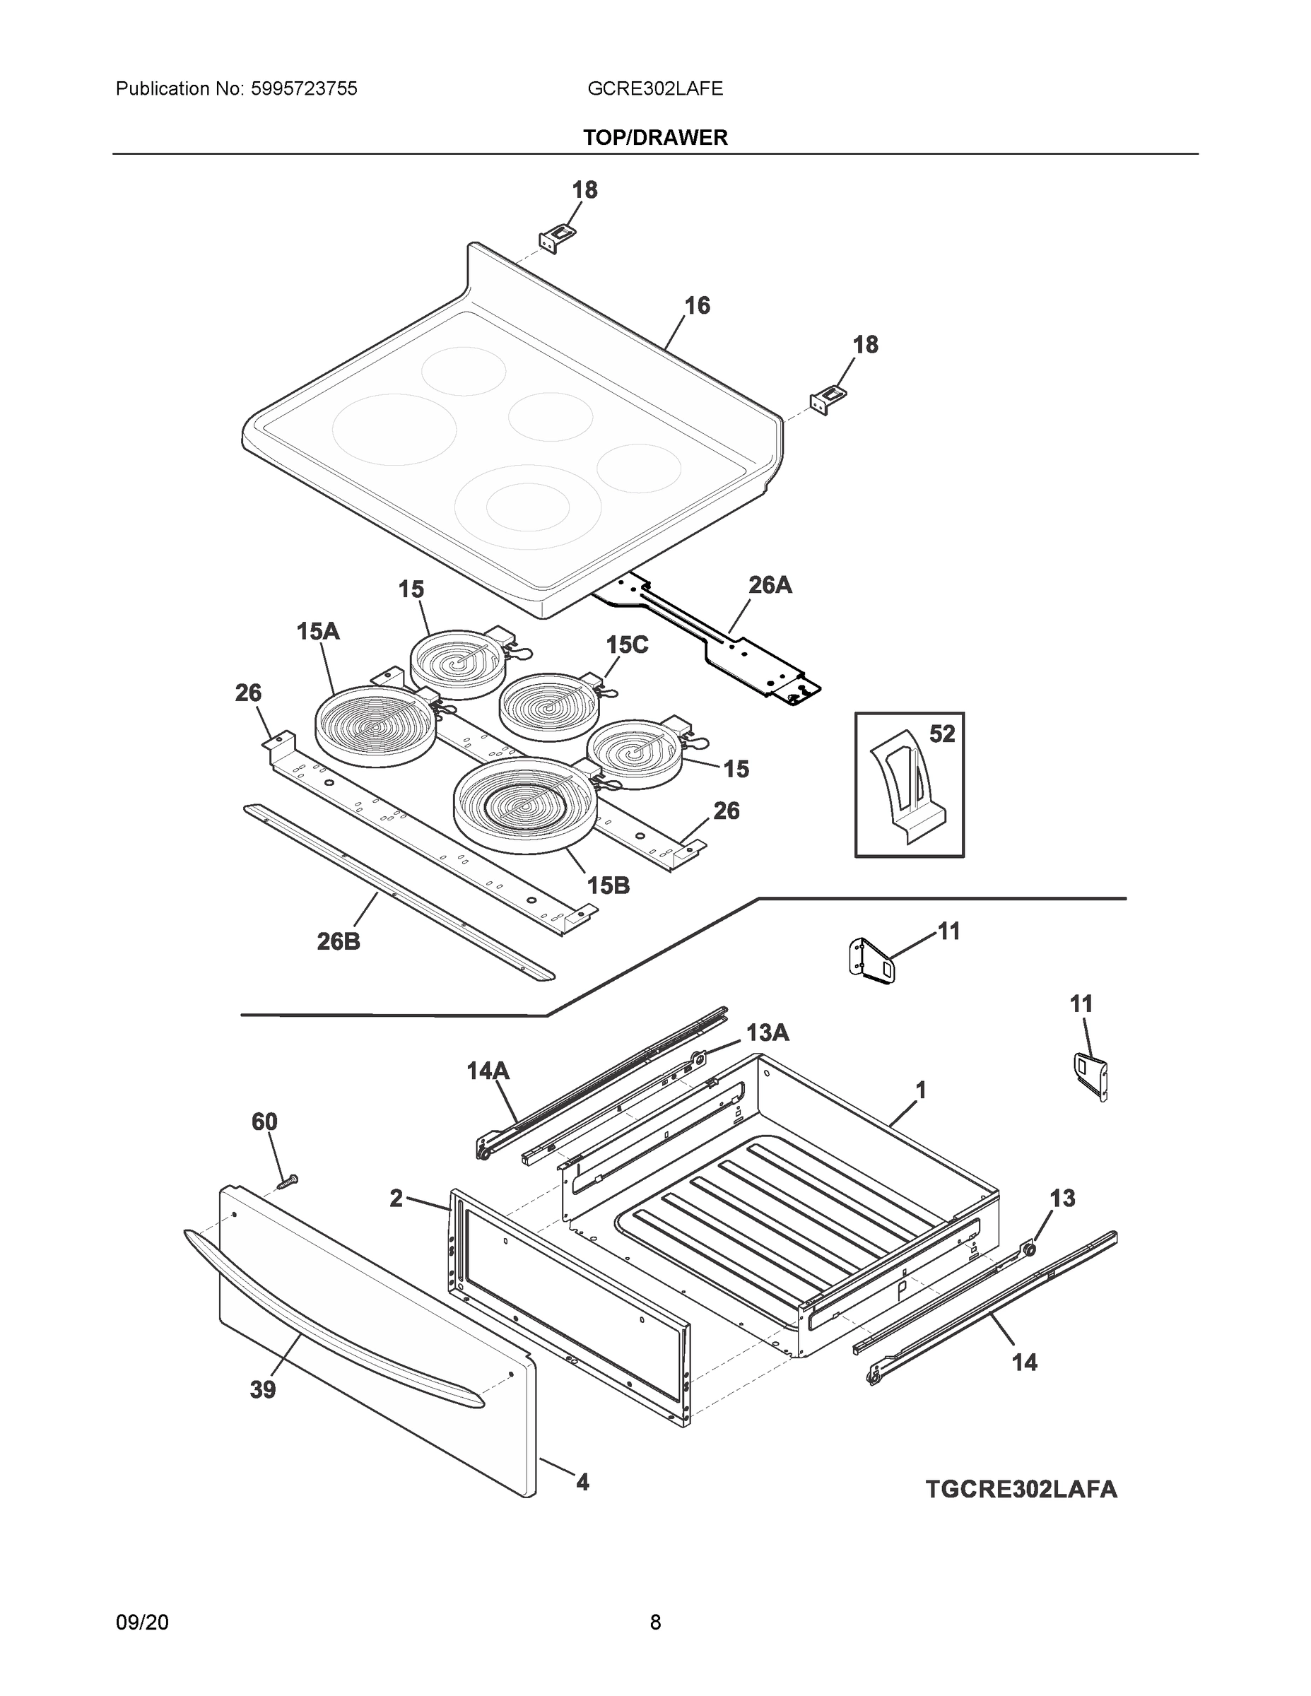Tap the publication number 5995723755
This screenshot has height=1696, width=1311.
(x=304, y=88)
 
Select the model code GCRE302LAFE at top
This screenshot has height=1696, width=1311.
(x=654, y=88)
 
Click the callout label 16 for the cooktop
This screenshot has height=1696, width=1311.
(x=697, y=305)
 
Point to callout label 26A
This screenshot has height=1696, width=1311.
(x=770, y=584)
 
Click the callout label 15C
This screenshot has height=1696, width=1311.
(x=627, y=644)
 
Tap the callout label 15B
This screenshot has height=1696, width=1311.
(x=608, y=885)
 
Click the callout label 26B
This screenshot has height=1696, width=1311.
(x=339, y=941)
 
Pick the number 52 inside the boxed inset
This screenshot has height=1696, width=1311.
(x=941, y=733)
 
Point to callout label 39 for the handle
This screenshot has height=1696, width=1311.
(x=262, y=1389)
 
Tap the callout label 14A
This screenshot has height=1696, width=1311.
(x=488, y=1071)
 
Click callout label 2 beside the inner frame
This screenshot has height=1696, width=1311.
(x=396, y=1199)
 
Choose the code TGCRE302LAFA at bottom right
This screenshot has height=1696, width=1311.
(x=1021, y=1489)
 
